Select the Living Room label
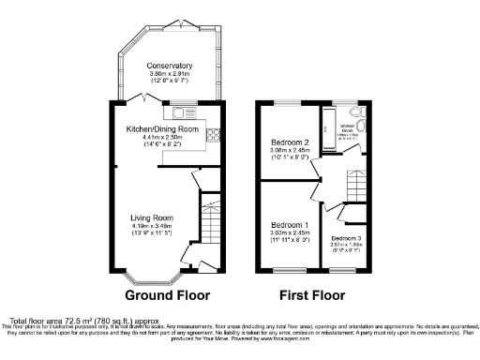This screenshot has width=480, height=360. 151,217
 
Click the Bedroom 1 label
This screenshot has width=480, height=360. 291,226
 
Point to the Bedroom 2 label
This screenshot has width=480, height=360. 291,142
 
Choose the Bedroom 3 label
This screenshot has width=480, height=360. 346,239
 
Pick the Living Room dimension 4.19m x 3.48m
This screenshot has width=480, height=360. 151,227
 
